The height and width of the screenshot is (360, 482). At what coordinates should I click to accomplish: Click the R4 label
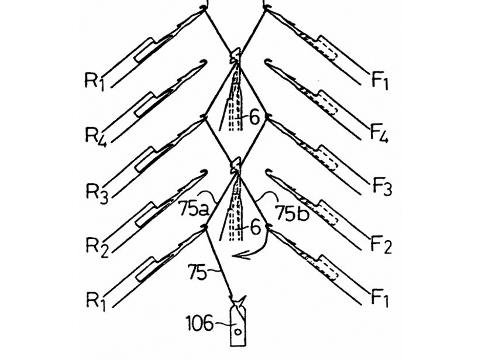point(95,136)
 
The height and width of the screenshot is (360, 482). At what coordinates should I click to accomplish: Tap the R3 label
point(95,192)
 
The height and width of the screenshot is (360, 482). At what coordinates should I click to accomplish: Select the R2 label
point(95,246)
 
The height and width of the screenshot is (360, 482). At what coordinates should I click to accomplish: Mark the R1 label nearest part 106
point(95,301)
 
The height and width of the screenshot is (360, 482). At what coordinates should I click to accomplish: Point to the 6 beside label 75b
point(256,228)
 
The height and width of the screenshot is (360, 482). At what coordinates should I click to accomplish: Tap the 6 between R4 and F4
point(254,118)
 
